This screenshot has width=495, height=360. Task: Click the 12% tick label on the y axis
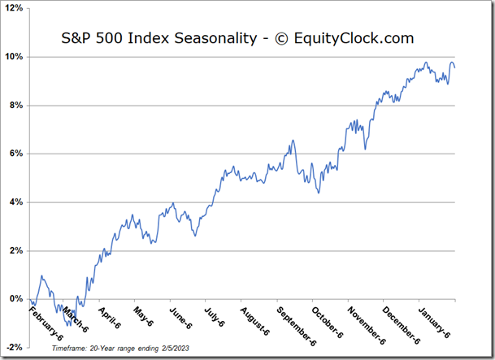click(15, 9)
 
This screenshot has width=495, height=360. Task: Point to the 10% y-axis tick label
click(15, 57)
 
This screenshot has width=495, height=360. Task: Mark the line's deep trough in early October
click(319, 193)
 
